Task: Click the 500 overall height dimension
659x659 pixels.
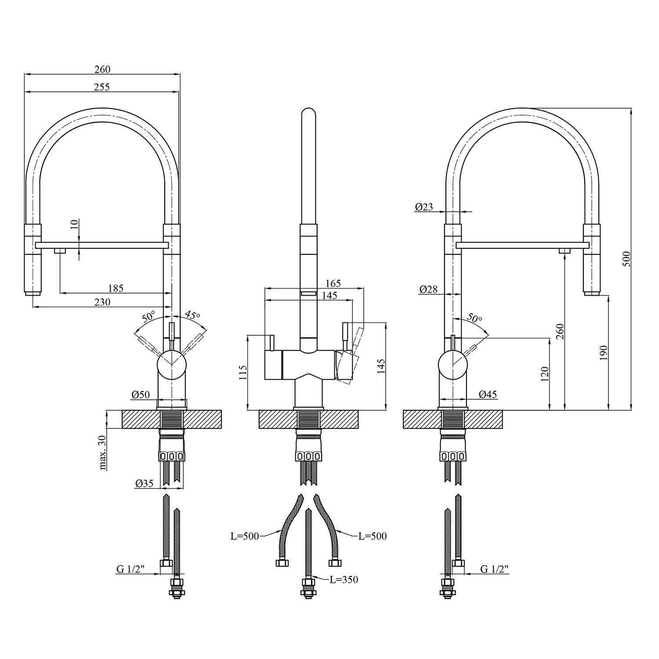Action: pyautogui.click(x=626, y=259)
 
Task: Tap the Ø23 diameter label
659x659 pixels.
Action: pyautogui.click(x=424, y=206)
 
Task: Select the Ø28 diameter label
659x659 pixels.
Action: pyautogui.click(x=428, y=289)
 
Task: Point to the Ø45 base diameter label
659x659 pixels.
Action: pyautogui.click(x=488, y=394)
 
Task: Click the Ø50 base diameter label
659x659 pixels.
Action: pyautogui.click(x=141, y=395)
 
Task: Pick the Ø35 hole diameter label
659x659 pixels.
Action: pyautogui.click(x=145, y=483)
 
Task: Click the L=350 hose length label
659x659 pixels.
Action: pyautogui.click(x=344, y=579)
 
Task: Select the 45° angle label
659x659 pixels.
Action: pyautogui.click(x=192, y=315)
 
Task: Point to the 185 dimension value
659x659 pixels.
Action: pyautogui.click(x=116, y=288)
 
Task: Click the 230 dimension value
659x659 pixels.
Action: pyautogui.click(x=102, y=302)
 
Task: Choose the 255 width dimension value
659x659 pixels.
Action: pyautogui.click(x=101, y=87)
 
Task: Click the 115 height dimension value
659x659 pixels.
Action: pyautogui.click(x=243, y=373)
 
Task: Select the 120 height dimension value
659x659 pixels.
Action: pyautogui.click(x=545, y=374)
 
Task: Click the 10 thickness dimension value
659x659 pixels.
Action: pyautogui.click(x=74, y=224)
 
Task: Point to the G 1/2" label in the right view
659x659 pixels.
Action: pyautogui.click(x=494, y=569)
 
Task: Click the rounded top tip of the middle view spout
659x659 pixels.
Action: pyautogui.click(x=308, y=108)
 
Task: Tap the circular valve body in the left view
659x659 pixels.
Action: pyautogui.click(x=172, y=366)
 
